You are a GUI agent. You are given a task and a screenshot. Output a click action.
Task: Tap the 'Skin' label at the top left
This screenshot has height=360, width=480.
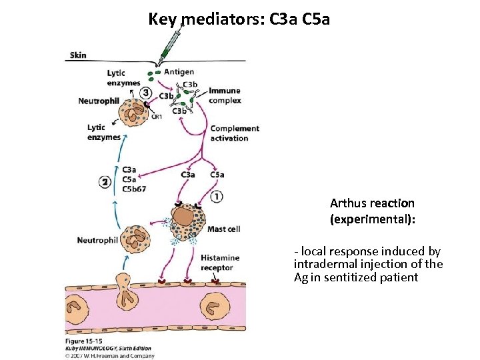coord(77,55)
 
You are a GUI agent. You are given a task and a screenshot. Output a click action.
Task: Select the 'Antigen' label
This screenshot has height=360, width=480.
coord(179,72)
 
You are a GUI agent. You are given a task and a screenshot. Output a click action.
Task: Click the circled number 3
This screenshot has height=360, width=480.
coord(145,93)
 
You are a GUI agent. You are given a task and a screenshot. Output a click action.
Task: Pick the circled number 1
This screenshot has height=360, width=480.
coord(217,196)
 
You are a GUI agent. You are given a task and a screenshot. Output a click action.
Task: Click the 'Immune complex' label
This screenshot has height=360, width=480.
coord(225,95)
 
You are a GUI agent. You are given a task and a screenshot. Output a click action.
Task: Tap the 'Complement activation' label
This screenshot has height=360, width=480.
coord(234,133)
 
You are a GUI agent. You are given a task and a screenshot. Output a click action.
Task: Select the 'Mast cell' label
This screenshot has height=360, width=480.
coord(223,229)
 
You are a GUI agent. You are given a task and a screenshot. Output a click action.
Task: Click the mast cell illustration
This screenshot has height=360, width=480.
coord(185,221)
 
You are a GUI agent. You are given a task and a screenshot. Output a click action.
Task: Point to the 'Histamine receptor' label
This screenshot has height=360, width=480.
coord(217,263)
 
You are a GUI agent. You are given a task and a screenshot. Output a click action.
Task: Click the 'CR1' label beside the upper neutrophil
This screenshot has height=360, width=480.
coord(157,117)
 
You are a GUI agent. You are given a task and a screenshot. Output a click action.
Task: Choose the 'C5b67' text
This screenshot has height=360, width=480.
coord(134,189)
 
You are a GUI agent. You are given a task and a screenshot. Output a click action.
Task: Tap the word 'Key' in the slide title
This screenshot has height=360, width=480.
coord(163,19)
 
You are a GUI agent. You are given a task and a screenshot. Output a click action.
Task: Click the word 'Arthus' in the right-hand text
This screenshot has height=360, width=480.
coord(347,203)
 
